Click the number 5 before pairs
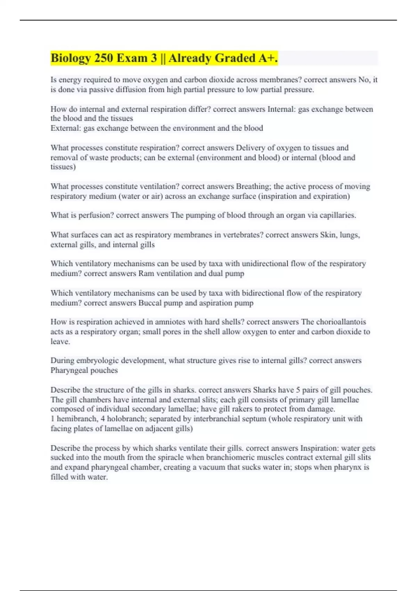click(x=298, y=390)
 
